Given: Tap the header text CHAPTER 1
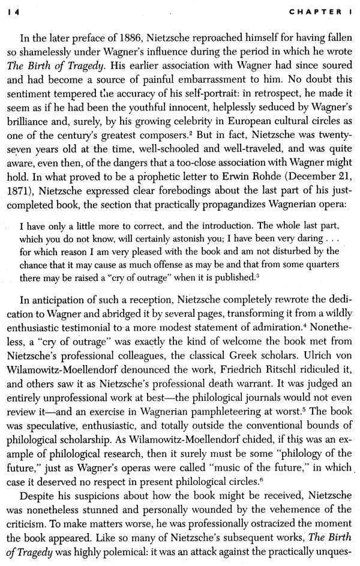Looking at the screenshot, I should point(321,11).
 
